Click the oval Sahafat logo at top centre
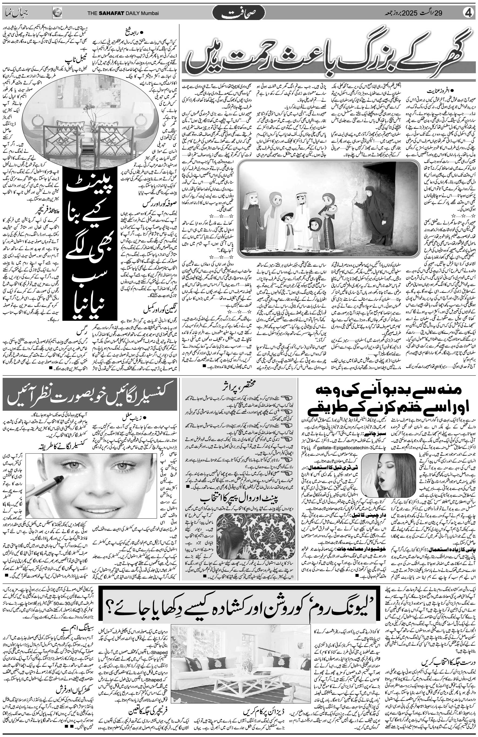(x=238, y=13)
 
